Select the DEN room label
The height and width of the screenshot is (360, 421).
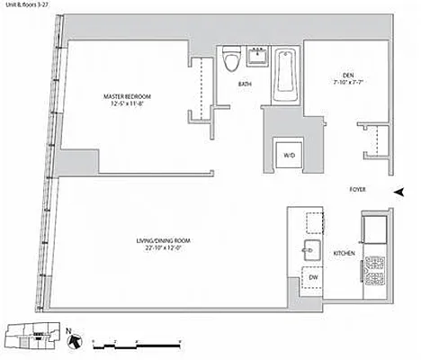point(350,76)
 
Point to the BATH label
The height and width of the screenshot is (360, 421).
point(245,85)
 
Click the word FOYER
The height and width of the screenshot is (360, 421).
point(359,191)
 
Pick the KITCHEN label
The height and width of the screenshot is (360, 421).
point(343,254)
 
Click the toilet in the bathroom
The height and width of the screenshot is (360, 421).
point(231,60)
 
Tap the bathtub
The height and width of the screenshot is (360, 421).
point(287,72)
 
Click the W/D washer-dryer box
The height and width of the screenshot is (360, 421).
point(289,155)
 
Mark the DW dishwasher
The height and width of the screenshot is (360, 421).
point(312,278)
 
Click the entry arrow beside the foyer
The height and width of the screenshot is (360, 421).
point(399,191)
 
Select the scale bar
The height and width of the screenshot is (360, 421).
point(134,340)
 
